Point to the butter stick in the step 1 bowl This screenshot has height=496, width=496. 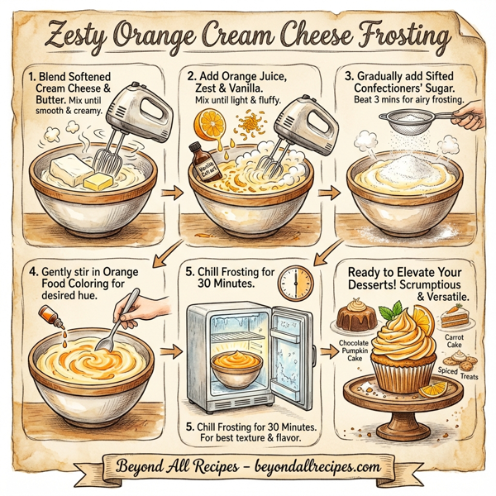(100, 179)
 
